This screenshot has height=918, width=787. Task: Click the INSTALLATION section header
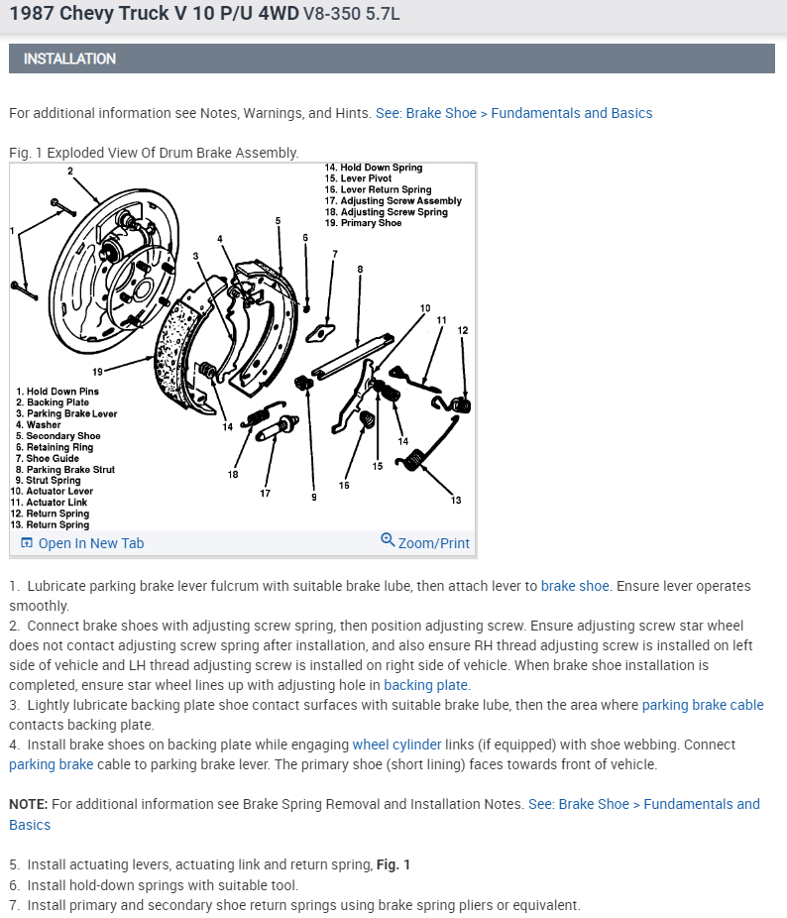(69, 58)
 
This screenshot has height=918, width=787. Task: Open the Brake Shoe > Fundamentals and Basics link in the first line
(513, 113)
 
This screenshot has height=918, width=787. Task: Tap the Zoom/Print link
(425, 542)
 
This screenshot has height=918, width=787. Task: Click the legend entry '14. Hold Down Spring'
(374, 168)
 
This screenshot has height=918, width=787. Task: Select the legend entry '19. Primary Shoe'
(364, 223)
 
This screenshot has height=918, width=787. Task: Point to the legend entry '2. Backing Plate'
(53, 402)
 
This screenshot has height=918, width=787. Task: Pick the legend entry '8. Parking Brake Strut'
(65, 470)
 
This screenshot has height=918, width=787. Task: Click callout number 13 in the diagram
(456, 500)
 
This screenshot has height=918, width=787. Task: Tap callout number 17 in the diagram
(266, 493)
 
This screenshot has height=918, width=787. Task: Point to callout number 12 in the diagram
(462, 329)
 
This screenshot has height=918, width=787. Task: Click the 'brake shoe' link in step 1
(575, 586)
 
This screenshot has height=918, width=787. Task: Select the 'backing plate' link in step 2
(426, 685)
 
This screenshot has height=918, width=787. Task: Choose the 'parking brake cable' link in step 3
(703, 705)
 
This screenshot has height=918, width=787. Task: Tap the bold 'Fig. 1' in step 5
(393, 864)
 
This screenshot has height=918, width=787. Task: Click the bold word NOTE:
(28, 804)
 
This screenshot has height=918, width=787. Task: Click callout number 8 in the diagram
(360, 269)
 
